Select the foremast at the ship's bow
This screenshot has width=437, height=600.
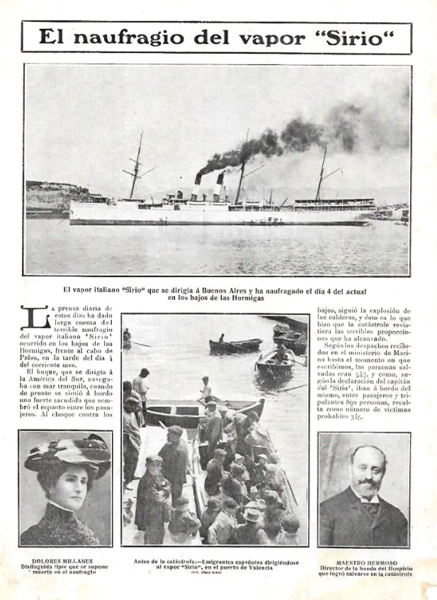(135, 167)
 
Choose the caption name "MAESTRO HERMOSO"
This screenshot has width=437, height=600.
(363, 560)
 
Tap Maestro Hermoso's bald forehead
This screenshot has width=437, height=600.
(365, 455)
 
